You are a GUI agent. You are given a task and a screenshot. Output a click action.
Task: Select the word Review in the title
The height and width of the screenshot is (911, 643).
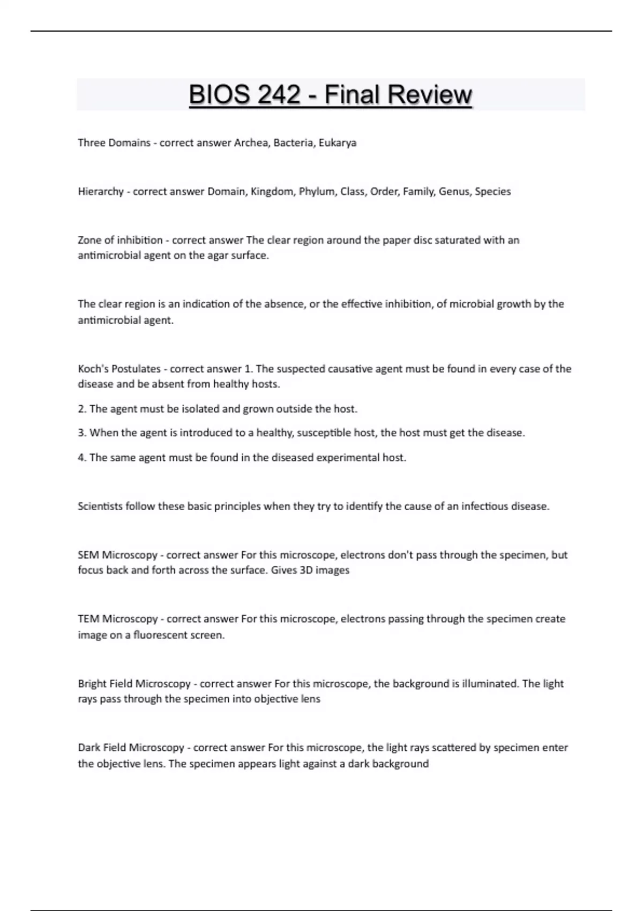click(430, 95)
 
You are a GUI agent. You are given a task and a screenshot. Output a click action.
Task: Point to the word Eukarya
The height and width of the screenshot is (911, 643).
click(337, 143)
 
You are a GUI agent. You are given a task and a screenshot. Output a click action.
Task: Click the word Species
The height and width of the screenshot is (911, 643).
click(492, 191)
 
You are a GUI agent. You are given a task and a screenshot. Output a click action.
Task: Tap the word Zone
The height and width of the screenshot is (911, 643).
click(89, 240)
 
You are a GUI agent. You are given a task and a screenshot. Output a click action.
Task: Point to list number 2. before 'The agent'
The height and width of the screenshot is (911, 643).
click(82, 409)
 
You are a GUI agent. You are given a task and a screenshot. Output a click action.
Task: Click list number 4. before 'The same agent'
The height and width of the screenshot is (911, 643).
click(82, 458)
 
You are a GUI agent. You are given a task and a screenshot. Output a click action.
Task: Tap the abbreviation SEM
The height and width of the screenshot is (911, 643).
click(88, 555)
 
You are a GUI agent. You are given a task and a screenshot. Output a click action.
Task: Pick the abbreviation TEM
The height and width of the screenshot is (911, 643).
click(88, 619)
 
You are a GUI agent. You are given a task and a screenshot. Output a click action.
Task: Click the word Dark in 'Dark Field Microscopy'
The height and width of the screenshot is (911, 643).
click(88, 748)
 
